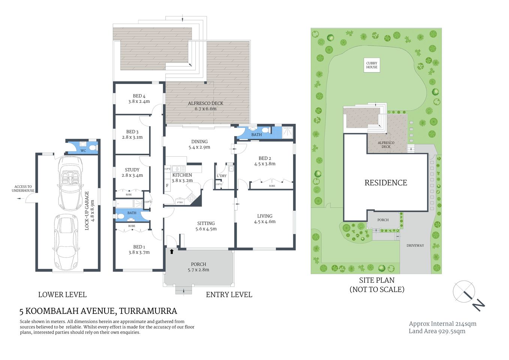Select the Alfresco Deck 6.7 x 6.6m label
(x=205, y=106)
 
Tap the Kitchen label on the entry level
(x=182, y=175)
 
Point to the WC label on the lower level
(x=83, y=151)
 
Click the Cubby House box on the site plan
(x=371, y=65)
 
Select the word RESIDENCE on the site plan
(x=386, y=183)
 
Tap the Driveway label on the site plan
(x=415, y=246)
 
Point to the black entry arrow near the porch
(x=172, y=251)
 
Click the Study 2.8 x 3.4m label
(x=132, y=172)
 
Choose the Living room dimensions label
(x=265, y=222)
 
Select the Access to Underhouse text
(x=23, y=189)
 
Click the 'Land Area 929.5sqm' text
(x=437, y=331)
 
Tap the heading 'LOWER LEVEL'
(x=62, y=295)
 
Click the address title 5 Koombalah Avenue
(x=98, y=311)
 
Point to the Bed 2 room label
(x=265, y=161)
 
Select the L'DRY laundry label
(x=222, y=176)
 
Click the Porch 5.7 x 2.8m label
(x=198, y=267)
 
